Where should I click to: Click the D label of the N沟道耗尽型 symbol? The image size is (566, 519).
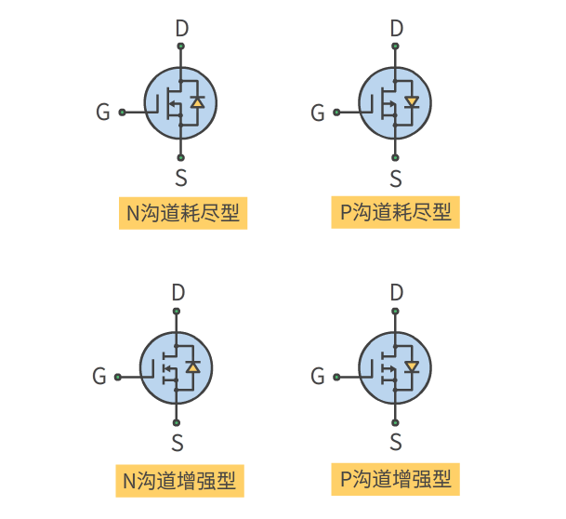click(182, 28)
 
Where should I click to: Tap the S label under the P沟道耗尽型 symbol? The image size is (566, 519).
click(396, 179)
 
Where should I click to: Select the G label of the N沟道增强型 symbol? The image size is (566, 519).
click(99, 376)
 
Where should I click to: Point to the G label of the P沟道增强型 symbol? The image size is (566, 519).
click(318, 376)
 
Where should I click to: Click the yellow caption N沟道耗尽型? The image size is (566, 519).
click(183, 213)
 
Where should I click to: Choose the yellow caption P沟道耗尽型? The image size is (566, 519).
click(396, 212)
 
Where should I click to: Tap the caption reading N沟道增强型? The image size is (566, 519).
click(179, 481)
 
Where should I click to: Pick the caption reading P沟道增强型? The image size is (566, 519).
click(396, 479)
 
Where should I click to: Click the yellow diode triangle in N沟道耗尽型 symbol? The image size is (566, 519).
click(197, 102)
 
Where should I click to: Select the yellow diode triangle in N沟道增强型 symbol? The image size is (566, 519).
click(193, 367)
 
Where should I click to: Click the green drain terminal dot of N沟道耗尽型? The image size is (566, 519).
click(181, 47)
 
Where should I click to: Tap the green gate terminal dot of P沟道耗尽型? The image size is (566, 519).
click(336, 113)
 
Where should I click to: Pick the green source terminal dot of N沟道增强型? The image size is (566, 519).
click(177, 423)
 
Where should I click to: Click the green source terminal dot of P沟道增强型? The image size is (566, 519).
click(395, 423)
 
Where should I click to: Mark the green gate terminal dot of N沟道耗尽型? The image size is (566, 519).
click(123, 113)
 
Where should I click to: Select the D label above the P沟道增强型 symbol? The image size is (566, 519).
click(397, 292)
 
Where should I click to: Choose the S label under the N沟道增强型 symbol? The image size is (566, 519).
click(178, 443)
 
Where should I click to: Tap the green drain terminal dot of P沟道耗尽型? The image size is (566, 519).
click(395, 47)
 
